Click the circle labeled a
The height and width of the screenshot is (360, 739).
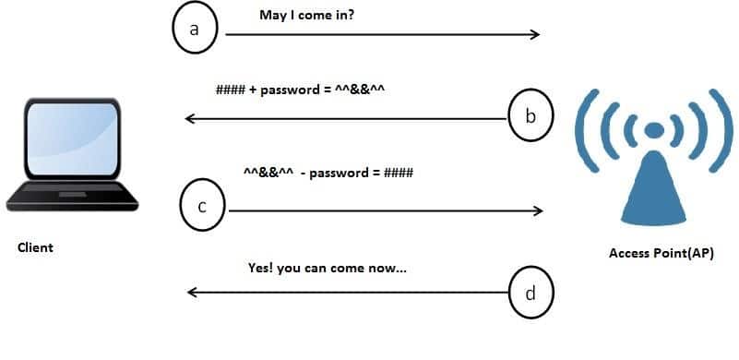tap(195, 30)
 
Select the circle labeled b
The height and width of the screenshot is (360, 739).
tap(530, 116)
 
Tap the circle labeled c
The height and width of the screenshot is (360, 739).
tap(202, 206)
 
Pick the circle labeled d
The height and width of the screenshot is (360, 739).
tap(530, 294)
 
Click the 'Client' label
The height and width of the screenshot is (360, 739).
tap(35, 247)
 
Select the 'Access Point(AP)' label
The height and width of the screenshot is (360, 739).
tap(661, 253)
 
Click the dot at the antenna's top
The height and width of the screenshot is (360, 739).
tap(654, 129)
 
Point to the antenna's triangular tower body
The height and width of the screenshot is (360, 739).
tap(654, 189)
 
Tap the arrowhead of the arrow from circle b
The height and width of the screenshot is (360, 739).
tap(190, 118)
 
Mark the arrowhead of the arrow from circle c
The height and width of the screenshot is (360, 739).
tap(538, 211)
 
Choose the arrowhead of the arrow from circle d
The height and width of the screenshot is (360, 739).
tap(192, 294)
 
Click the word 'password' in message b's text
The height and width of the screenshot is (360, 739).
tap(289, 91)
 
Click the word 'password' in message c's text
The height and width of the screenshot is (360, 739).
tap(340, 173)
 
